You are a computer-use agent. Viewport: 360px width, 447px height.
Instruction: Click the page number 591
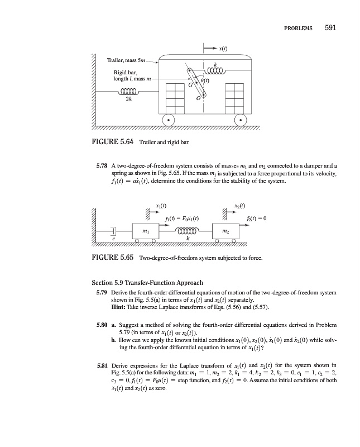[325, 27]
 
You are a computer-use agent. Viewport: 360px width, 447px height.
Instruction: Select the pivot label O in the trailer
[198, 98]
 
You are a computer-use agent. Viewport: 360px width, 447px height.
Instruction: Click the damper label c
[98, 239]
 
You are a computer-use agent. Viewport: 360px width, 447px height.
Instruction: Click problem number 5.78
[102, 166]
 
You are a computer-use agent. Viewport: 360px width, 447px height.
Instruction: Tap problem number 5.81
[102, 365]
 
